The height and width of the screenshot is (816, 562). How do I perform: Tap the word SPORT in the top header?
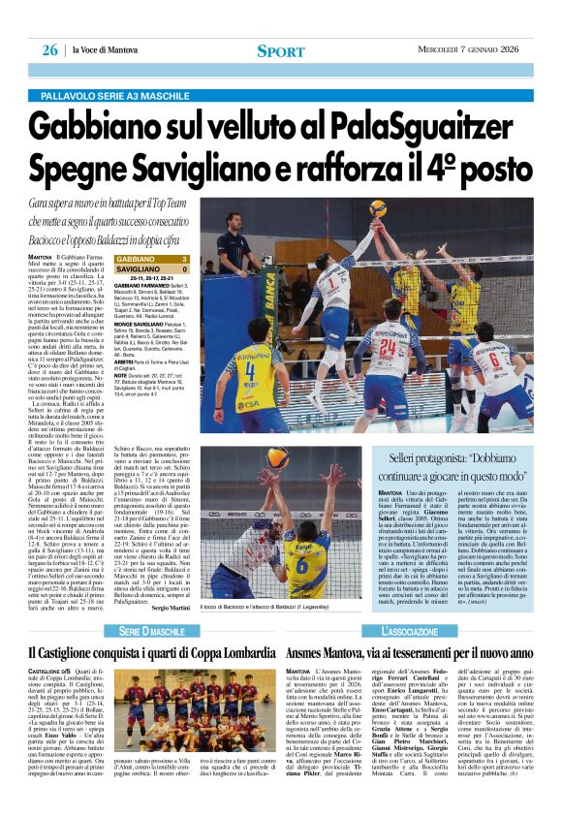pyautogui.click(x=280, y=50)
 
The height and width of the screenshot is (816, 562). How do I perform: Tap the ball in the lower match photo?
pyautogui.click(x=277, y=456)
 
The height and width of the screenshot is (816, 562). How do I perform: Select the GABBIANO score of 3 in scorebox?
pyautogui.click(x=184, y=259)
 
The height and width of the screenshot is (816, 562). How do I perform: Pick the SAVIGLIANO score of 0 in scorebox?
pyautogui.click(x=184, y=268)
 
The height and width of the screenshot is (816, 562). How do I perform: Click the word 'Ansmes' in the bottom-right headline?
pyautogui.click(x=316, y=651)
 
